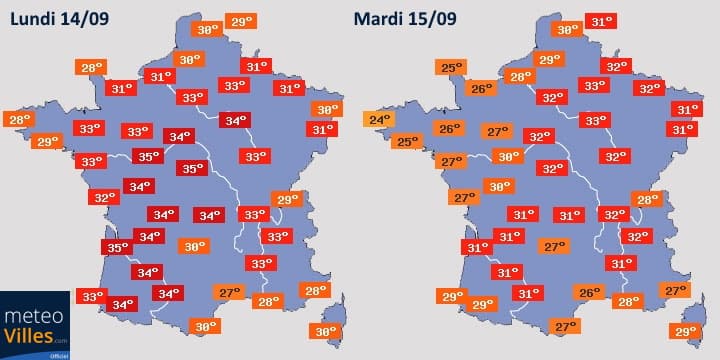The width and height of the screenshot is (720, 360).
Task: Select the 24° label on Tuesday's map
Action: coord(379,121)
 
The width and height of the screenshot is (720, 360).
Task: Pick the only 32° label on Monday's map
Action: coord(104,197)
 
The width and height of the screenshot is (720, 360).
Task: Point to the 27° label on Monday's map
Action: coord(231,292)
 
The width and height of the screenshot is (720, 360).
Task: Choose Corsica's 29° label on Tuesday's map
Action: coord(686,331)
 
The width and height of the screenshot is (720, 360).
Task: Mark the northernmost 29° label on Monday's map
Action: coord(241,21)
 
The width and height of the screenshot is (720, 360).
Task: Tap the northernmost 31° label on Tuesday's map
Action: coord(600,21)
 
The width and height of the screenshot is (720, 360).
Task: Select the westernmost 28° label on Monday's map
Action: coord(20,120)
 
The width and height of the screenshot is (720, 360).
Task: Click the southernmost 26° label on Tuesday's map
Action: coord(590,292)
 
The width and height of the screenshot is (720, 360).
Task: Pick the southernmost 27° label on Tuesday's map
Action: coord(567,326)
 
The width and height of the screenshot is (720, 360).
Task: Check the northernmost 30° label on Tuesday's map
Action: coord(567,30)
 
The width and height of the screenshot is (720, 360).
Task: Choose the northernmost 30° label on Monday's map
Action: coord(208,30)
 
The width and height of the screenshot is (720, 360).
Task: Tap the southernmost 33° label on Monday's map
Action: coord(93,296)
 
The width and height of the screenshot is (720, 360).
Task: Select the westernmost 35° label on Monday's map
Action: coord(118,247)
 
